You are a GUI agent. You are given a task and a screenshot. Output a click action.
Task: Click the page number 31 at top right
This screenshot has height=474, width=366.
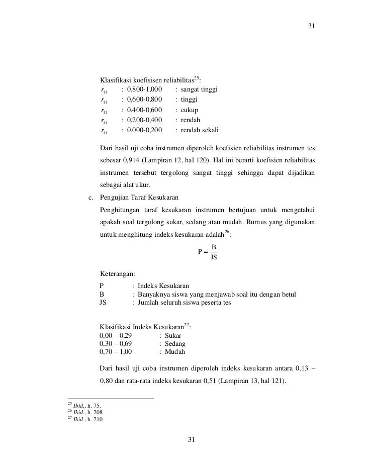[x=311, y=26]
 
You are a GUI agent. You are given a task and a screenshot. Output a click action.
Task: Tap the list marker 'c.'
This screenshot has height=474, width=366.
[x=91, y=196]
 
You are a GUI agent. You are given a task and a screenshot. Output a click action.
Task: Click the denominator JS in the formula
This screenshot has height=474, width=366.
[x=214, y=257]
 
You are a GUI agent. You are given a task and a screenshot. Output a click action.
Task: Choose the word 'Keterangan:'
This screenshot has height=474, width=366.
[x=118, y=274]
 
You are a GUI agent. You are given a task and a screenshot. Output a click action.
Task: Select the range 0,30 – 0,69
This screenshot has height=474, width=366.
[x=116, y=344]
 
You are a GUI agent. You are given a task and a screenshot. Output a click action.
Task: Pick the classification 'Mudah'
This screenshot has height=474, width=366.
[x=174, y=352]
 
